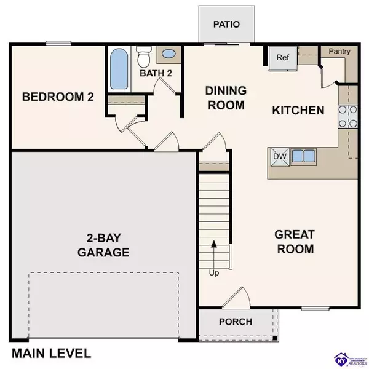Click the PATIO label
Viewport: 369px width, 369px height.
(225, 25)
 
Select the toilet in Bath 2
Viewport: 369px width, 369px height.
(144, 58)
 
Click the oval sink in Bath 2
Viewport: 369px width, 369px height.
(167, 54)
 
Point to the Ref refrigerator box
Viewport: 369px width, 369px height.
(282, 58)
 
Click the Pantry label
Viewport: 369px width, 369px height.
(339, 52)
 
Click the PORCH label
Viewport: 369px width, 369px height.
(235, 321)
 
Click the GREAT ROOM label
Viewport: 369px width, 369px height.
(294, 242)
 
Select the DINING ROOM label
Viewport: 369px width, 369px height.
(226, 98)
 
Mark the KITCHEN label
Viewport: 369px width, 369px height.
(298, 111)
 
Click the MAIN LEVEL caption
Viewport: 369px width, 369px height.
(52, 353)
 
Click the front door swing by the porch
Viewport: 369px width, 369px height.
(236, 300)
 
